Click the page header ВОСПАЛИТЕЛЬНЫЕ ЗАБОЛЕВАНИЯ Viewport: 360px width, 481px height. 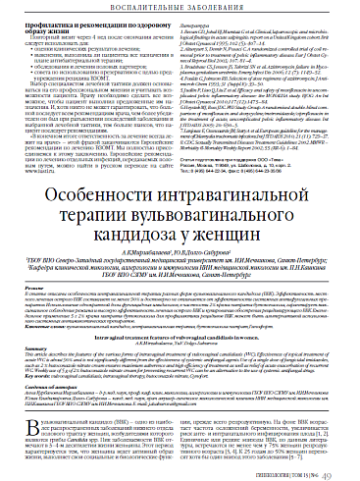pos(180,11)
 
